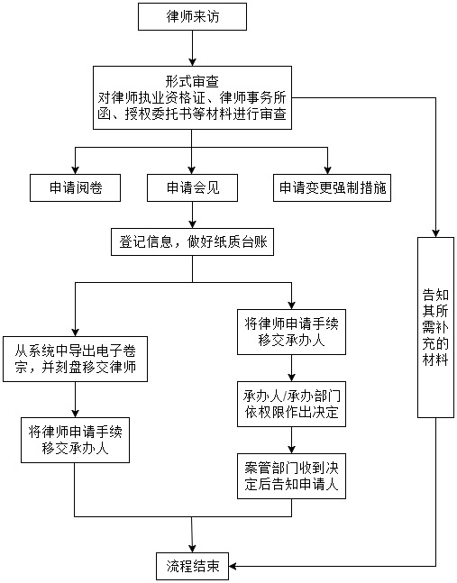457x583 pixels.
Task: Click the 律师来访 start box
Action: [x=192, y=17]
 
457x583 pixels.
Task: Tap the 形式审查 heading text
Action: [x=192, y=81]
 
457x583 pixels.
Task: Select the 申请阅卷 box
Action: [x=75, y=188]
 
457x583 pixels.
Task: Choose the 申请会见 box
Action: [x=192, y=188]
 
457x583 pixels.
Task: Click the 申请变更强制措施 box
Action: [x=332, y=188]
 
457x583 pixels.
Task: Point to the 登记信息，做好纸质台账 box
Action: [x=192, y=242]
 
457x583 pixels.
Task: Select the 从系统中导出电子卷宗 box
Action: [x=75, y=359]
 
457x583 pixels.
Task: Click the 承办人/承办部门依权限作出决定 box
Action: [x=291, y=404]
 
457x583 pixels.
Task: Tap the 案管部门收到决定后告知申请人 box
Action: [x=291, y=476]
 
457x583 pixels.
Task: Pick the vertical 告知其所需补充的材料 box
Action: [x=435, y=327]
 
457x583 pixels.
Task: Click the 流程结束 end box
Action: [x=192, y=566]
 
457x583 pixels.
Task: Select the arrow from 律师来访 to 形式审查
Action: [x=192, y=48]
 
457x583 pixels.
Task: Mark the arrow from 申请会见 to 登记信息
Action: [x=192, y=214]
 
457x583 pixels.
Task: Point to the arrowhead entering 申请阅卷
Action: [x=75, y=170]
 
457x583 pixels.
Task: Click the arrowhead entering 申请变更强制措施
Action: [x=327, y=170]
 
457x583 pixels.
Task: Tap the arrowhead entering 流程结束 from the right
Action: [x=233, y=566]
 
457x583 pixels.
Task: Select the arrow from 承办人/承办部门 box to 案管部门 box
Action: [x=291, y=440]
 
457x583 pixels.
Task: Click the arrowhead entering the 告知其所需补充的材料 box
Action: [x=435, y=233]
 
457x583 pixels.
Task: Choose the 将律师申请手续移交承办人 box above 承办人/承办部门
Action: [x=291, y=332]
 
